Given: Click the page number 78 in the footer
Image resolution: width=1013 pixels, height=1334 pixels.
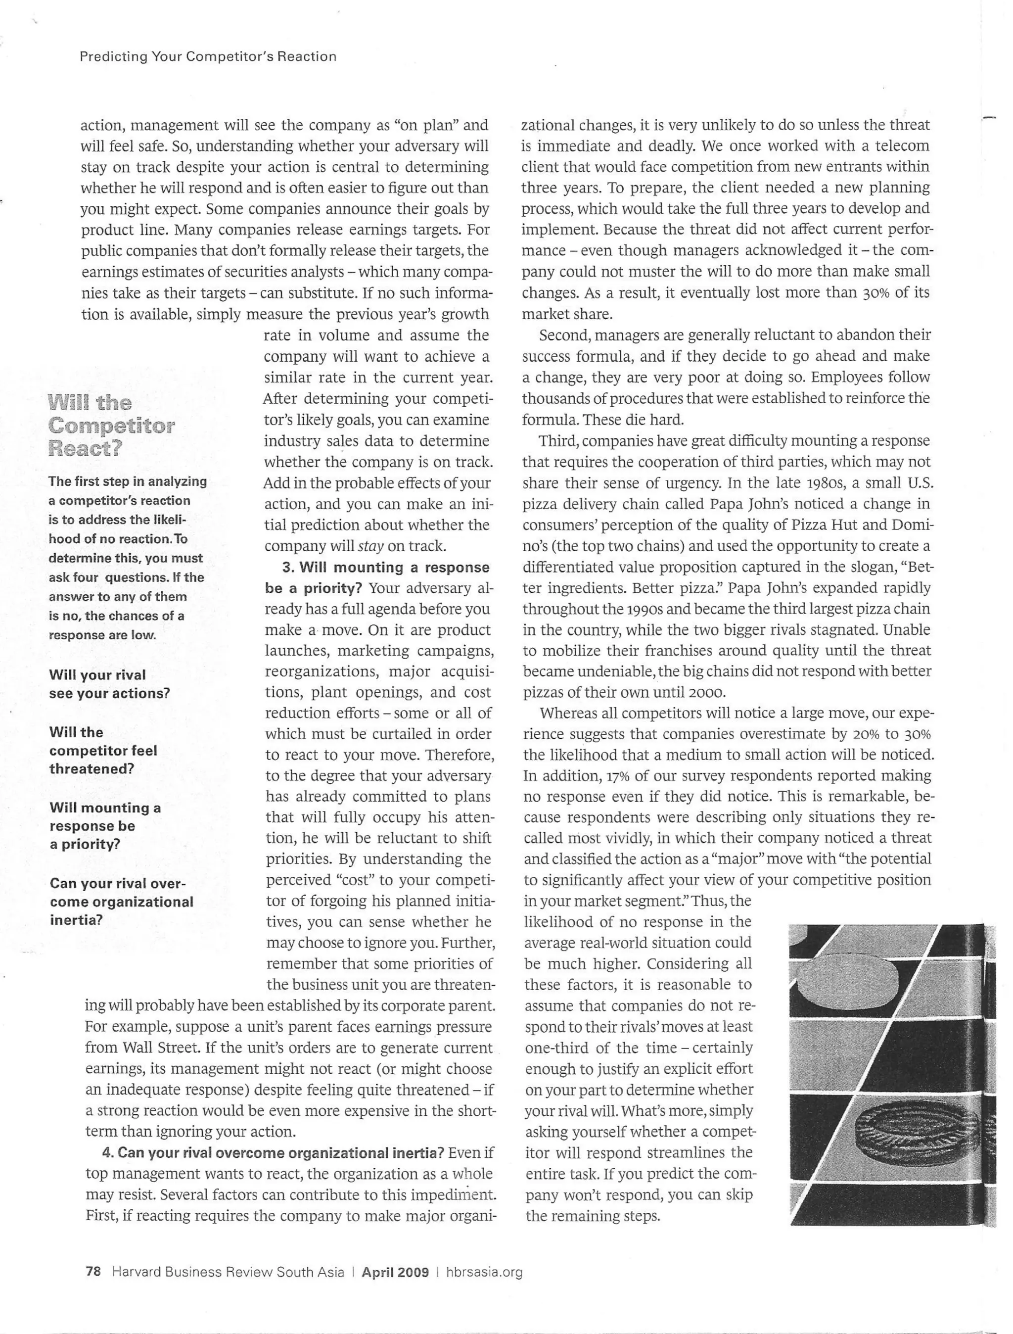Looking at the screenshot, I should pos(93,1273).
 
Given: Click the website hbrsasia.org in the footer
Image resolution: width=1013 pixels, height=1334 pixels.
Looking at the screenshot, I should pos(484,1273).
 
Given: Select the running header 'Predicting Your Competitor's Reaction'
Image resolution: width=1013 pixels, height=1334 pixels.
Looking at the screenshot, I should pos(208,57).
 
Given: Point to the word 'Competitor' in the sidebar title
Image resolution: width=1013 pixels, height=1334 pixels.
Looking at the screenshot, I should pos(112,425).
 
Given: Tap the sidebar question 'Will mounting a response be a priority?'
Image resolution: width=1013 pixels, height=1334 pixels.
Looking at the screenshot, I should pos(105,826).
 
